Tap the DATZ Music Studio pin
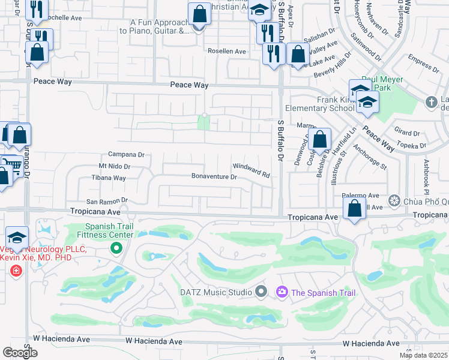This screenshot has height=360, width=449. click(x=261, y=292)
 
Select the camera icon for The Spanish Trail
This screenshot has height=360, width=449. click(x=282, y=292)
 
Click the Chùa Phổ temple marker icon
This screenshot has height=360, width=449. click(x=394, y=200)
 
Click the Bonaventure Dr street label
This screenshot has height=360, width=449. click(x=214, y=177)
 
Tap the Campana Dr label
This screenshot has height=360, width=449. click(x=126, y=154)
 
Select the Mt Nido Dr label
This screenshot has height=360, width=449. click(x=114, y=166)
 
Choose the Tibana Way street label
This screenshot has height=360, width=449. click(x=108, y=178)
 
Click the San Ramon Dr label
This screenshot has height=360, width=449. click(x=107, y=201)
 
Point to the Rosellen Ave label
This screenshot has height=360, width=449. click(x=226, y=52)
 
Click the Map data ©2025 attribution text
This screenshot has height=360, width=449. click(x=423, y=355)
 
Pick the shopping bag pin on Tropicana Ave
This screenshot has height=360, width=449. click(x=355, y=209)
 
